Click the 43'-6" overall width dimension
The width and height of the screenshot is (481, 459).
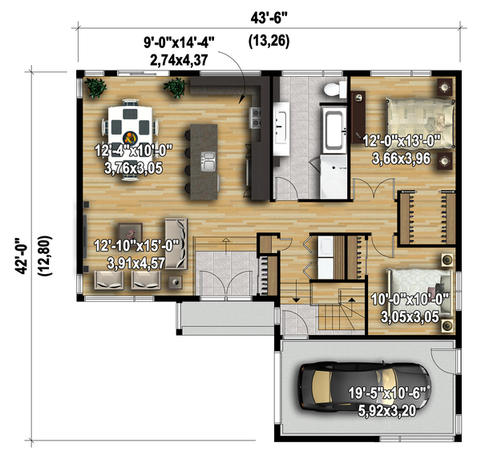(269, 18)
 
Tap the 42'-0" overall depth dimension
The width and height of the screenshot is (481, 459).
(22, 256)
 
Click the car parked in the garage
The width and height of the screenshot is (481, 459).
(365, 387)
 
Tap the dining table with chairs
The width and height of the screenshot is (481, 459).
(130, 139)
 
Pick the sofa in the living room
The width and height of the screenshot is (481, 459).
(176, 244)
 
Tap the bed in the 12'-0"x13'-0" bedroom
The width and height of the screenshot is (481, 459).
(420, 123)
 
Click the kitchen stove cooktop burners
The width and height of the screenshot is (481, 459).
(255, 118)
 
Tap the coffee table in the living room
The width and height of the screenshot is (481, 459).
(130, 232)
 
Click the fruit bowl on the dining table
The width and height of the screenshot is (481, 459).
(130, 138)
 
